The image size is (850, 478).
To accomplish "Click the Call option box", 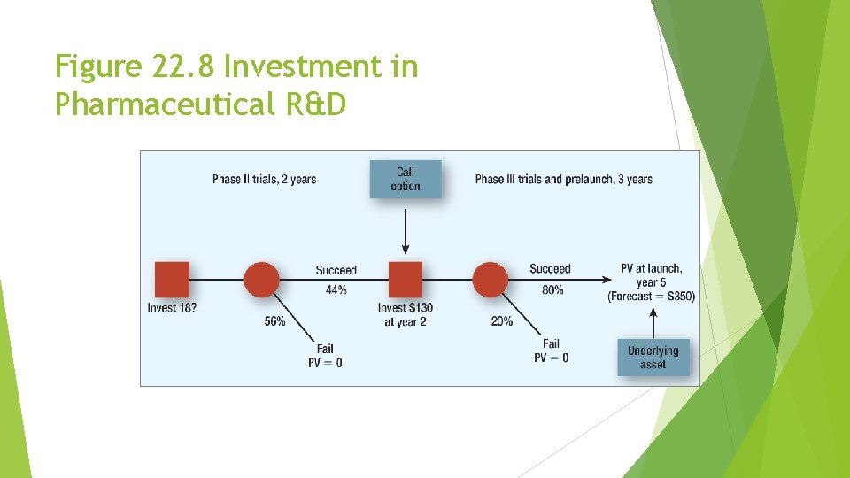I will click(x=406, y=179).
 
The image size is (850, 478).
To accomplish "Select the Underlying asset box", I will click(x=653, y=358).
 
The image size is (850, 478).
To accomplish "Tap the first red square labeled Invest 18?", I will click(x=172, y=279).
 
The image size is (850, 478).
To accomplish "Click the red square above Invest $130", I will click(x=406, y=279).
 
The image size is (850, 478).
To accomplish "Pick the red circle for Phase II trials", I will click(x=261, y=279).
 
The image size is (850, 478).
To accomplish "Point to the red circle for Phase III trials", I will click(x=491, y=279).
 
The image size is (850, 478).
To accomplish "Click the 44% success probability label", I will click(x=336, y=290).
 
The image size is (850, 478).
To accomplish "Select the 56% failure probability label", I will click(x=274, y=321).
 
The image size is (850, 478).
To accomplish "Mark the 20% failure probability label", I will click(x=501, y=321).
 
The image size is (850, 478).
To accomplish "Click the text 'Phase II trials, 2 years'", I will click(x=264, y=180).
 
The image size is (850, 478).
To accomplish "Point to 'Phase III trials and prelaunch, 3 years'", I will click(x=563, y=180).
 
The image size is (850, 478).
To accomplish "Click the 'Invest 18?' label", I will click(x=172, y=308).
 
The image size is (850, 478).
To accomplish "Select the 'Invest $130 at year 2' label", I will click(x=406, y=314).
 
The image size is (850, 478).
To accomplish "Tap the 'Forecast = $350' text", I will click(x=651, y=297).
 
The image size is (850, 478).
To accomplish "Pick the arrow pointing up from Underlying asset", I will click(x=653, y=320).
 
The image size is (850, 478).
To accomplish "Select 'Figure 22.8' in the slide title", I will click(x=132, y=66).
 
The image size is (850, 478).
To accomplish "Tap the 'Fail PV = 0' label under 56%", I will click(x=325, y=356).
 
